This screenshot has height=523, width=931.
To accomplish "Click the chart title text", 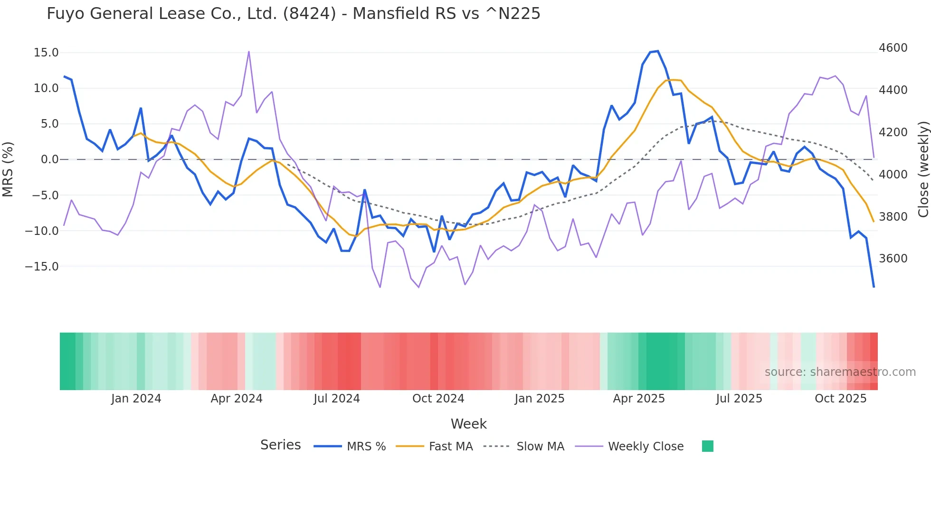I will tap(293, 14).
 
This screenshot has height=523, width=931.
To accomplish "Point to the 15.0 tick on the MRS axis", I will tap(46, 53).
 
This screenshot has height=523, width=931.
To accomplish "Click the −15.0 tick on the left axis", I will tap(42, 267).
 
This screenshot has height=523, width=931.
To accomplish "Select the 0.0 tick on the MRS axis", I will tap(49, 159).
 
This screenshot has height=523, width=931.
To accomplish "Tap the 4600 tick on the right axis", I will tap(893, 48).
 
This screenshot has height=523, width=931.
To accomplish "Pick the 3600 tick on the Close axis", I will tap(893, 259).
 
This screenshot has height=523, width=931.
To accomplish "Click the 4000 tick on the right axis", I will tap(893, 175).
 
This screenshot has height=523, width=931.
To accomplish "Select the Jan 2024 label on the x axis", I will tap(136, 399).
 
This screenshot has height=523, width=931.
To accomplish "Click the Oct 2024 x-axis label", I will tap(438, 399).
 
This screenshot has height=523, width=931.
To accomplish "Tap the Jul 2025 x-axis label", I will tap(739, 399).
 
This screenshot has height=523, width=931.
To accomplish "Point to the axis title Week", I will tap(468, 424).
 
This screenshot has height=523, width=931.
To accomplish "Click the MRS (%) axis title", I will tap(8, 169).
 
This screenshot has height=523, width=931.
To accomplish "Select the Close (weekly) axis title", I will tap(923, 169).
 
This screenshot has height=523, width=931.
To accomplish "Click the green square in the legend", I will tap(707, 446).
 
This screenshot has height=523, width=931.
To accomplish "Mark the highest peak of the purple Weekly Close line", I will tap(249, 51).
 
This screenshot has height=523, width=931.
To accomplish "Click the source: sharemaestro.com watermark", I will tap(840, 372).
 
